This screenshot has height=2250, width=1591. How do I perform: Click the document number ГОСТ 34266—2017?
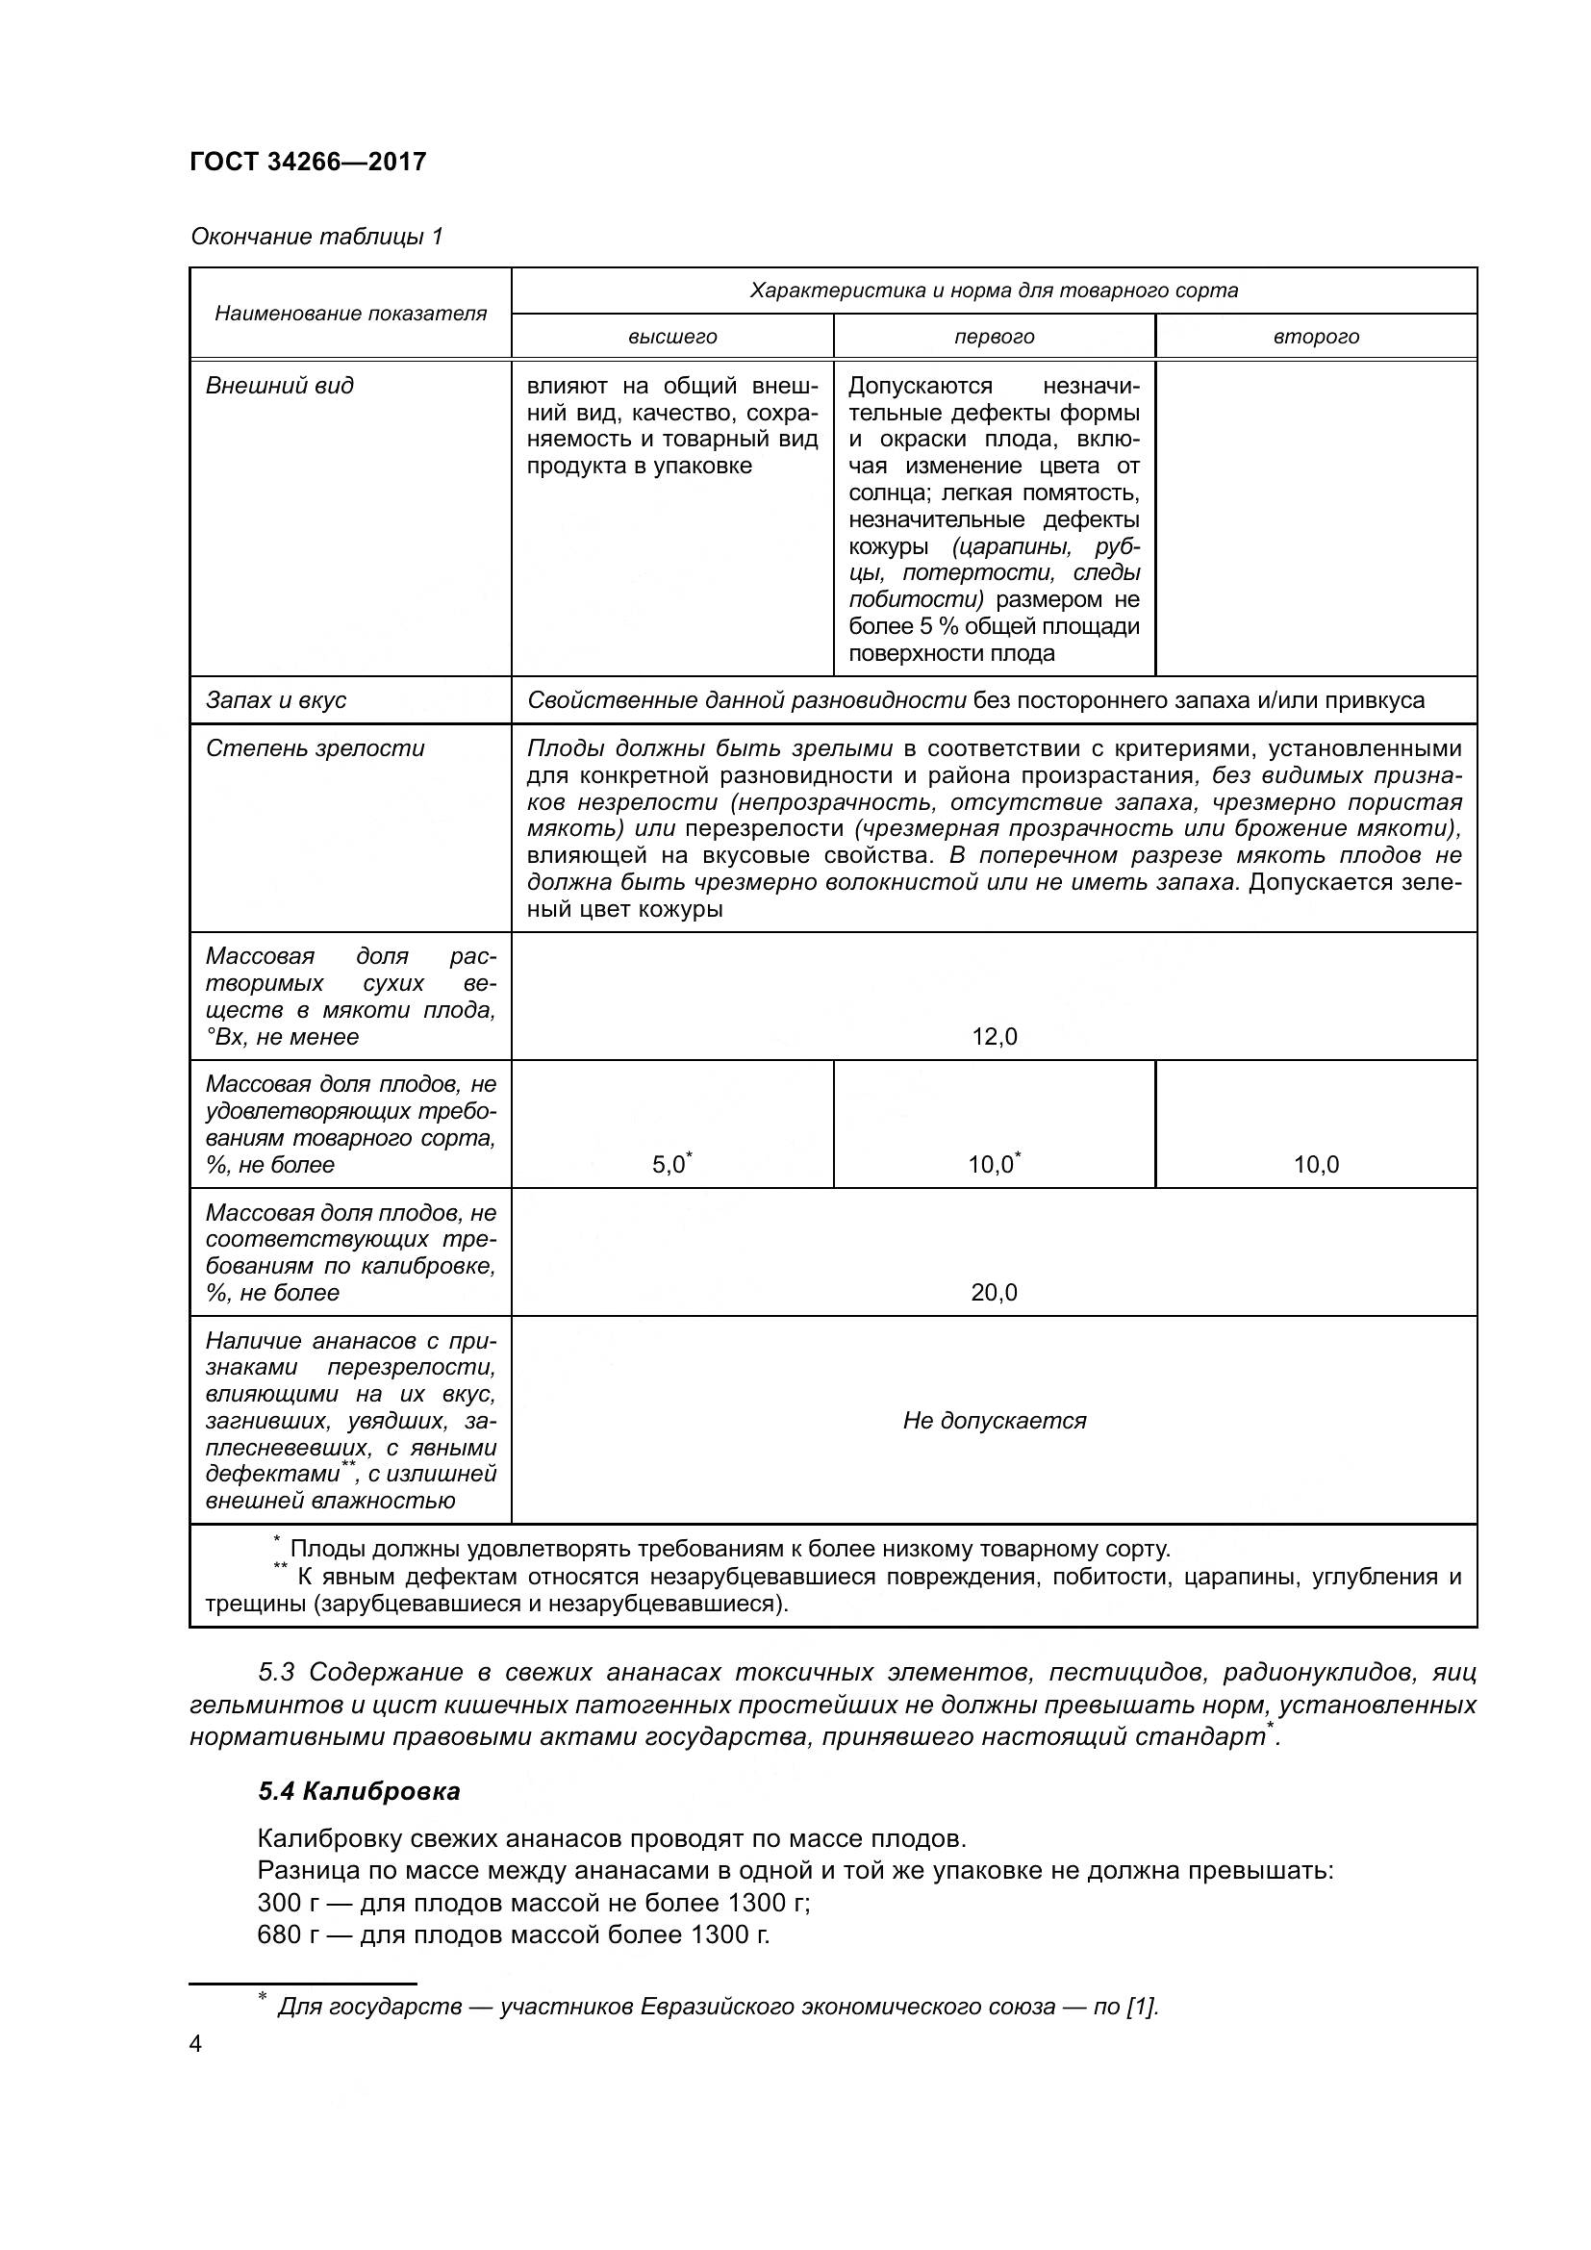pos(308,162)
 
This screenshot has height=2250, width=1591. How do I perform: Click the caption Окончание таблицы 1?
pos(316,237)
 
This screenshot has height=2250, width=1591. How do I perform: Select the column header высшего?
pos(672,337)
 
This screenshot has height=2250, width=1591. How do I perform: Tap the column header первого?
pos(994,337)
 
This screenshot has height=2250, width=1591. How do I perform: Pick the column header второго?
pos(1316,337)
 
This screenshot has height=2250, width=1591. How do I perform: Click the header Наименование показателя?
pos(350,314)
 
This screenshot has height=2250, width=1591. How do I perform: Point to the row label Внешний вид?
pos(279,386)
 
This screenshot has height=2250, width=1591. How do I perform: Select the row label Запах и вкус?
pos(275,700)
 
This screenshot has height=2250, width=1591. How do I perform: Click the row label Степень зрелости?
pos(315,748)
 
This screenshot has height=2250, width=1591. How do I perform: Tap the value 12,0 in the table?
pos(994,1037)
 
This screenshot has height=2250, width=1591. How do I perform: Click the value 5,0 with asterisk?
pos(669,1165)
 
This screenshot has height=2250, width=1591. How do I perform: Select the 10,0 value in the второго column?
pos(1316,1165)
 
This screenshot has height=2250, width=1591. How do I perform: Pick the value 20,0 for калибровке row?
pos(994,1293)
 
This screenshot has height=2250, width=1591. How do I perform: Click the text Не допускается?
pos(994,1421)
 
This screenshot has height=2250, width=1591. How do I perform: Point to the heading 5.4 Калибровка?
pos(359,1792)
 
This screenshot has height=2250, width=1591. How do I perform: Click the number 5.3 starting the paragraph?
pos(278,1672)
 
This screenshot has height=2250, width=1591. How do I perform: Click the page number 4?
pos(196,2045)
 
